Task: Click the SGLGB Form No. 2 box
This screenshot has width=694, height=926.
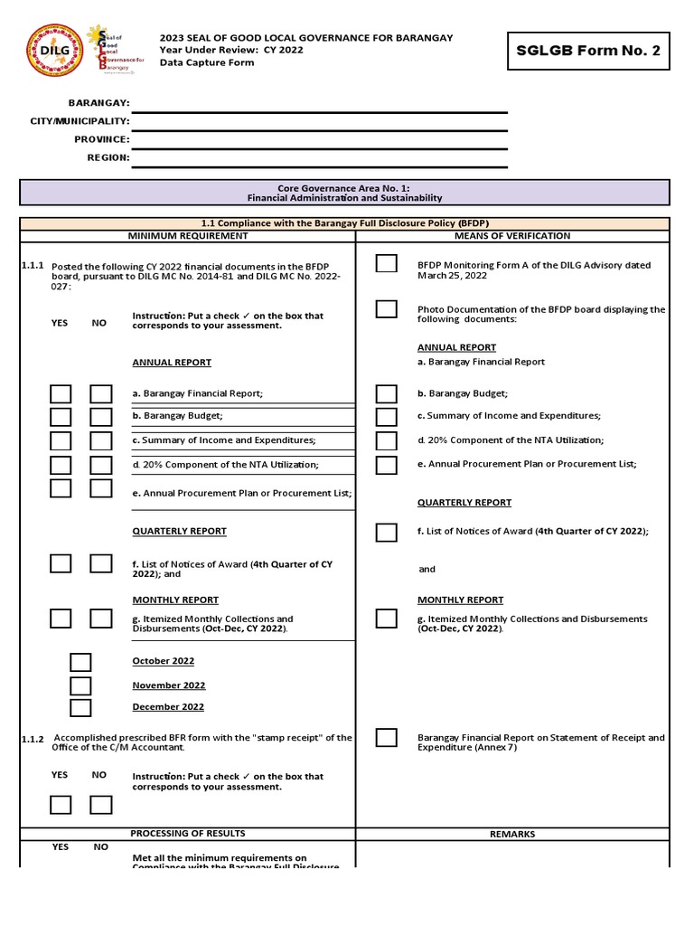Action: [x=589, y=51]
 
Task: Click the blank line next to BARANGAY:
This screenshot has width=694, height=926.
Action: [x=320, y=105]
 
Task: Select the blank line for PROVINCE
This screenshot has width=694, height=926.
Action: [x=320, y=140]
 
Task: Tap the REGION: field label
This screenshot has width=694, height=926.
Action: [x=108, y=157]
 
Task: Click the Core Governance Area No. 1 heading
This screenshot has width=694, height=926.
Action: [x=345, y=192]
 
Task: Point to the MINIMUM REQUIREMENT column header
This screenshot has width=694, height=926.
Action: [x=187, y=236]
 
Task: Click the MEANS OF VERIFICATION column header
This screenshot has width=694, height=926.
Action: [x=512, y=236]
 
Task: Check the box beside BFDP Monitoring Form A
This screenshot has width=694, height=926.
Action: [x=386, y=264]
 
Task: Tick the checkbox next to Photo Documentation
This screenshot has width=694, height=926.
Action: [x=386, y=309]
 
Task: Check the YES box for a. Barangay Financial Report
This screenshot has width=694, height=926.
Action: [x=61, y=394]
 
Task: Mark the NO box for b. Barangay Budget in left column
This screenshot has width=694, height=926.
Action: [x=101, y=417]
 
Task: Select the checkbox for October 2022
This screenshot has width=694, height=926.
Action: [x=80, y=662]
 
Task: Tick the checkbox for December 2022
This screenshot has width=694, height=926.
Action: [x=80, y=708]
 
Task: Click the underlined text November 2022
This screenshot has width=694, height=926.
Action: [x=168, y=685]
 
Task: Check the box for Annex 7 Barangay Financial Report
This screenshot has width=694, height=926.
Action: [x=386, y=738]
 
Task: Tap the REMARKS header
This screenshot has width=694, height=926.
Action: [x=512, y=835]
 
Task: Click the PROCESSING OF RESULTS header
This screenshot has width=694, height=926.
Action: [x=187, y=834]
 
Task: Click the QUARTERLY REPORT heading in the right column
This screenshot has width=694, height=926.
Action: [x=464, y=503]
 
